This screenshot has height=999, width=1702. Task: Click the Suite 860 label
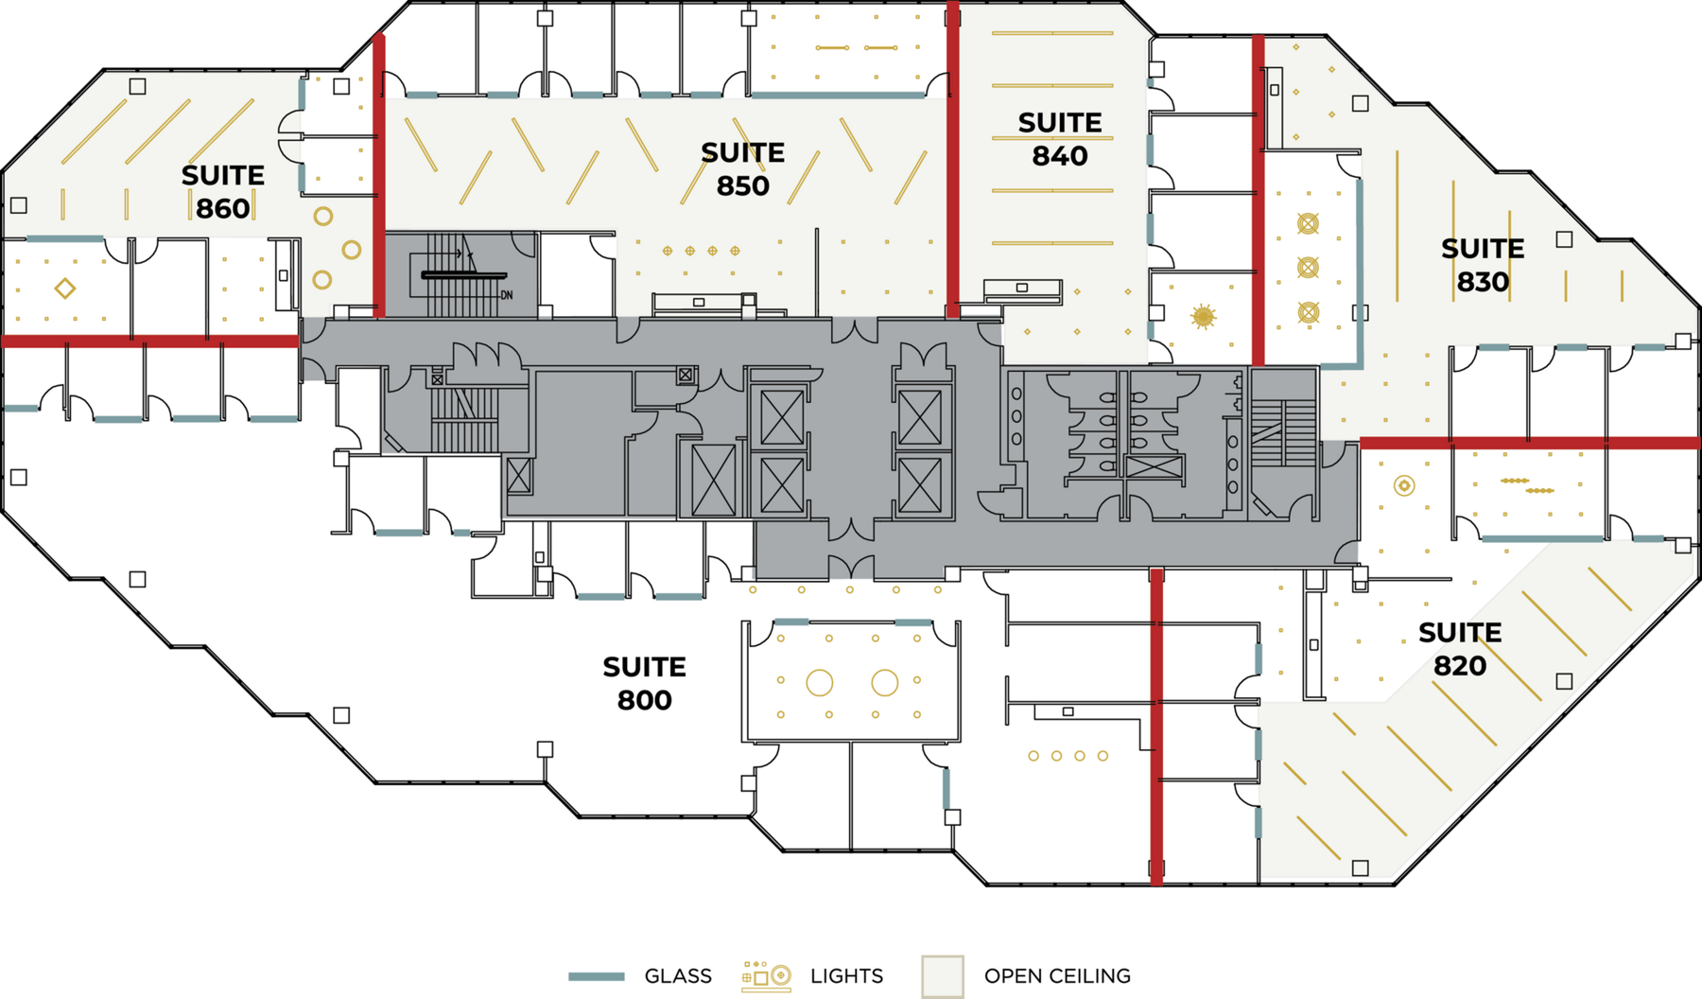coord(223,191)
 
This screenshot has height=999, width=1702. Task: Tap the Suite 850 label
coord(743,168)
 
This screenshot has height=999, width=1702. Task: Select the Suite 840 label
coord(1060,138)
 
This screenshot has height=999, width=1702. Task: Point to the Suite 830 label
coord(1483,265)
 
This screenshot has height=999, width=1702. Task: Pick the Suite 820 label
coord(1460,649)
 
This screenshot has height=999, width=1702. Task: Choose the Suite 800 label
coord(645,683)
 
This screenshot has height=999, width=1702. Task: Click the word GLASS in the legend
coord(678,975)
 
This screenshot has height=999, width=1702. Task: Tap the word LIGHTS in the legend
coord(846,975)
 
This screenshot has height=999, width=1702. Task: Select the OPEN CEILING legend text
coord(1057,975)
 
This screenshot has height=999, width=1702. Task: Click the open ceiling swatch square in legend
coord(943,976)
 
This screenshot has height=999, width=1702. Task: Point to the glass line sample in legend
coord(597,976)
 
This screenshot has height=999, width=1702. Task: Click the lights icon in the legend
coord(766,976)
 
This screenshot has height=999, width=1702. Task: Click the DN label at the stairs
coord(507,295)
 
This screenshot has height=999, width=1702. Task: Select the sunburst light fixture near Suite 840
coord(1203,316)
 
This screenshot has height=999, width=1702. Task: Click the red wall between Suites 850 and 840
coord(953,160)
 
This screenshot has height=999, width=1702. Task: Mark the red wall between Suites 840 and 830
coord(1259,201)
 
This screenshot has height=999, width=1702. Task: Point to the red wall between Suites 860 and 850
coord(379,175)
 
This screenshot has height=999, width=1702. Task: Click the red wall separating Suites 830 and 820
coord(1530,443)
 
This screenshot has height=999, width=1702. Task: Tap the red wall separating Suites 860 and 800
coord(151,342)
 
